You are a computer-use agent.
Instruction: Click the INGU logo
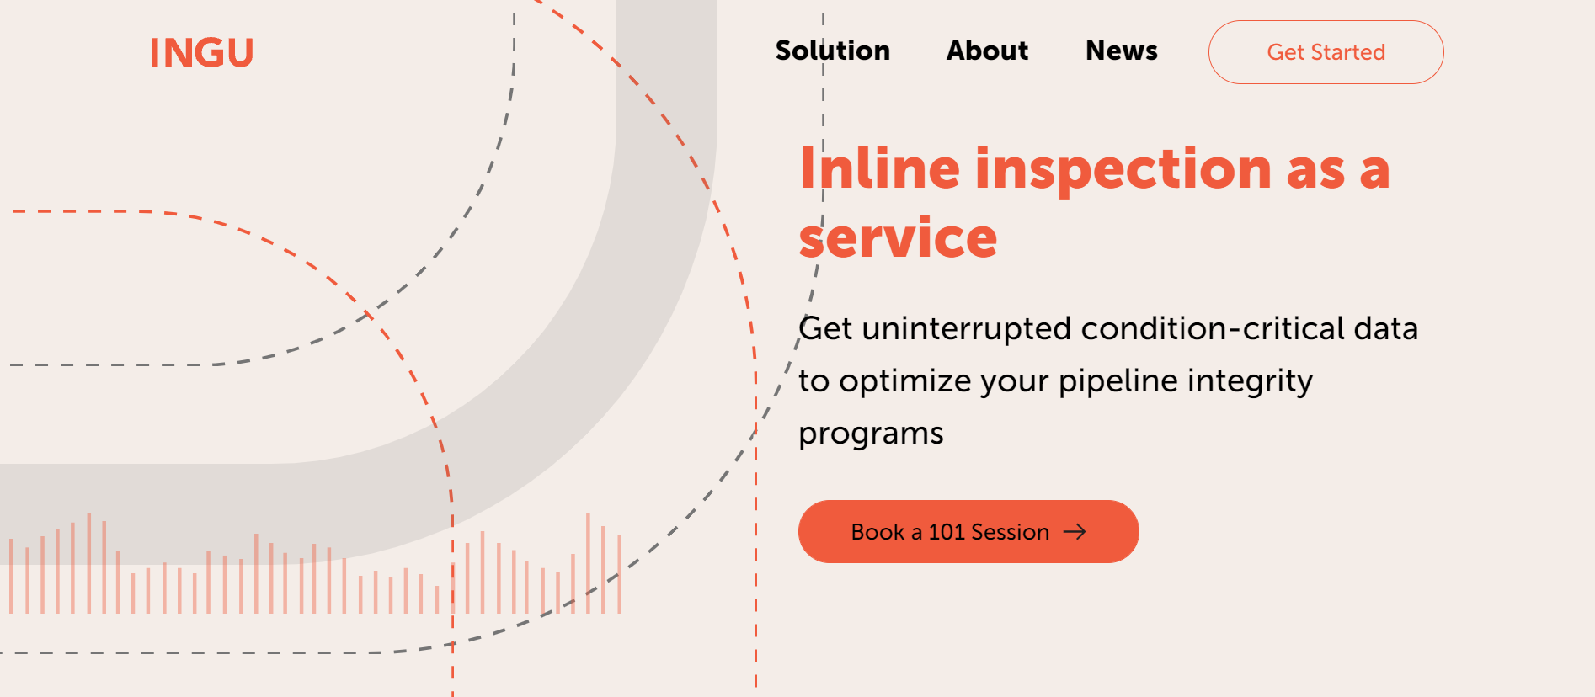[201, 53]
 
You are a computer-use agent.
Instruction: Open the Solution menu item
[832, 51]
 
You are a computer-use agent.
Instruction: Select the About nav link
[987, 51]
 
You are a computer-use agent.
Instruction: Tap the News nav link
[1121, 51]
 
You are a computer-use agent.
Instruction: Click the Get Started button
[1326, 52]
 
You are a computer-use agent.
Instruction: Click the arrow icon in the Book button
[1075, 532]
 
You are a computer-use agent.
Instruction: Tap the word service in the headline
[898, 238]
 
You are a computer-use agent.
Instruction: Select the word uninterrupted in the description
[967, 328]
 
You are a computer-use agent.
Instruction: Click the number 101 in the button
[946, 532]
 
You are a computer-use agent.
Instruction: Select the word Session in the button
[1010, 532]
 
